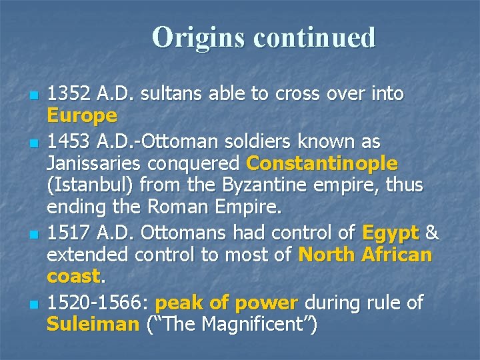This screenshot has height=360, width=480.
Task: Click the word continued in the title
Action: point(314,37)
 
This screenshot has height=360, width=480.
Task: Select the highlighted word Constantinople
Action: point(322,163)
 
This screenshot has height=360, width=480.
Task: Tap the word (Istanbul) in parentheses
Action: point(87,185)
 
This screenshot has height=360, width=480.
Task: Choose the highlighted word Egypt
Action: point(390,233)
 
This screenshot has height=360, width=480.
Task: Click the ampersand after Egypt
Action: point(432,233)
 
